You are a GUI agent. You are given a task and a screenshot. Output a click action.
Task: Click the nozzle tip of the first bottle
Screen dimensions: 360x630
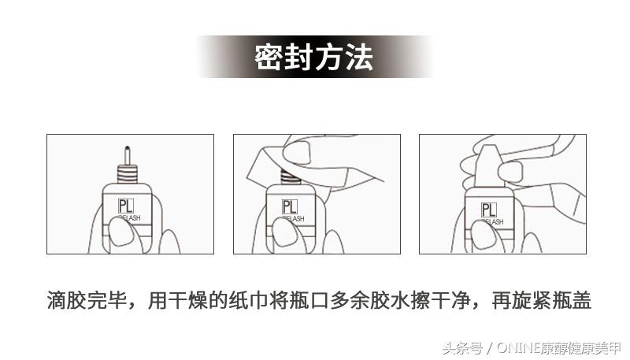point(126,150)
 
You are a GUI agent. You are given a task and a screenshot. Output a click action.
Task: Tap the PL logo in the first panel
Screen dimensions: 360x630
point(125,206)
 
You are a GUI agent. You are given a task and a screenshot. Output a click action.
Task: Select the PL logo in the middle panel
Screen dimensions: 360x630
point(290,207)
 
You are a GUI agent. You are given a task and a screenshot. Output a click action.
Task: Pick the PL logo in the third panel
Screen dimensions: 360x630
point(488,210)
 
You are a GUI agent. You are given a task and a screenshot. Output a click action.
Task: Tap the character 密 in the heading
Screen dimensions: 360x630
point(269,58)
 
